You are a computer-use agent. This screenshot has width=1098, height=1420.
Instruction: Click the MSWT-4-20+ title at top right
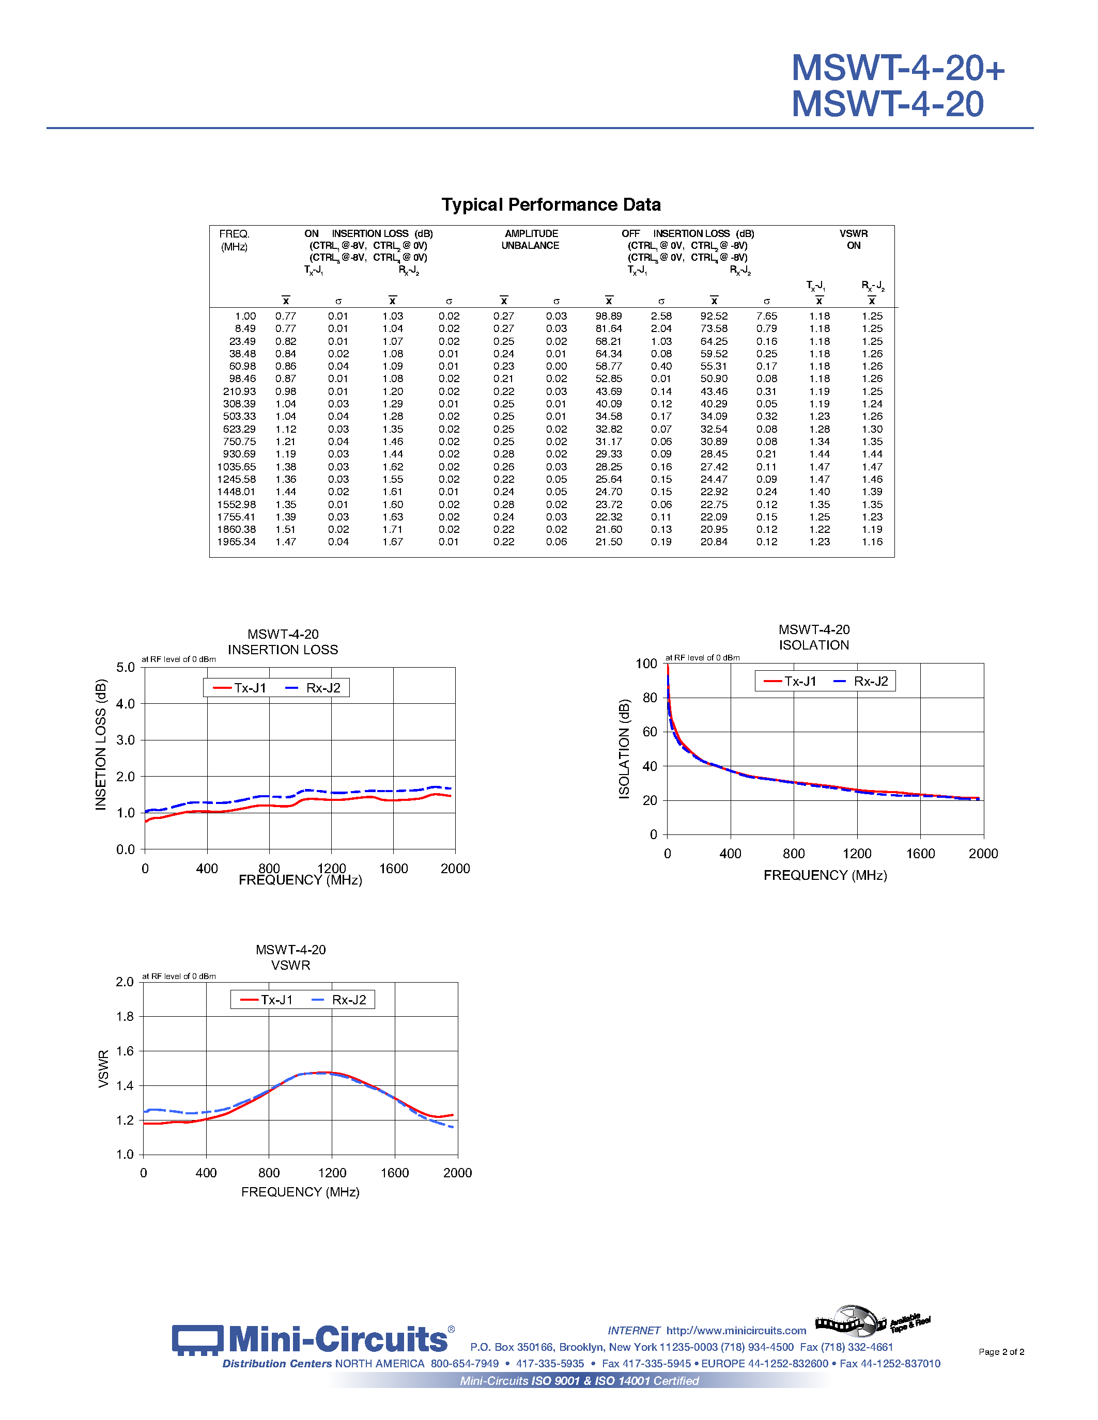pos(898,68)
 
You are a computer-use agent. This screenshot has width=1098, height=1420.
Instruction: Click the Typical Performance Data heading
pos(551,205)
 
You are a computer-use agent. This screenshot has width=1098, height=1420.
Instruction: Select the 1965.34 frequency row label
pos(236,542)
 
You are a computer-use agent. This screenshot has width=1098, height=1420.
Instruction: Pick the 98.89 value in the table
pos(608,316)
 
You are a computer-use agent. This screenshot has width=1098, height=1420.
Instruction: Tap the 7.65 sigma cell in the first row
pos(766,316)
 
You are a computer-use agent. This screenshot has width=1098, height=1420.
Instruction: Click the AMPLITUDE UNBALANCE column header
pos(530,239)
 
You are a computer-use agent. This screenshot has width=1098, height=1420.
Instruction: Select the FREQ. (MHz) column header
pos(234,240)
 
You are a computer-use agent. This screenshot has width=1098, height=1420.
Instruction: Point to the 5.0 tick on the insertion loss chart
pos(126,667)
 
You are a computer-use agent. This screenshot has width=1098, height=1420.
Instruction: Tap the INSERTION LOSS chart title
pos(283,650)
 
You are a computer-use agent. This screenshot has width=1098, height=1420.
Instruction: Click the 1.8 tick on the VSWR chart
pos(125,1016)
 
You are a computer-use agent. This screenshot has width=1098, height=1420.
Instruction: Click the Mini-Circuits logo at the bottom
pos(311,1339)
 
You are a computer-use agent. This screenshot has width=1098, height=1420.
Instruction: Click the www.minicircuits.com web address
pos(736,1330)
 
